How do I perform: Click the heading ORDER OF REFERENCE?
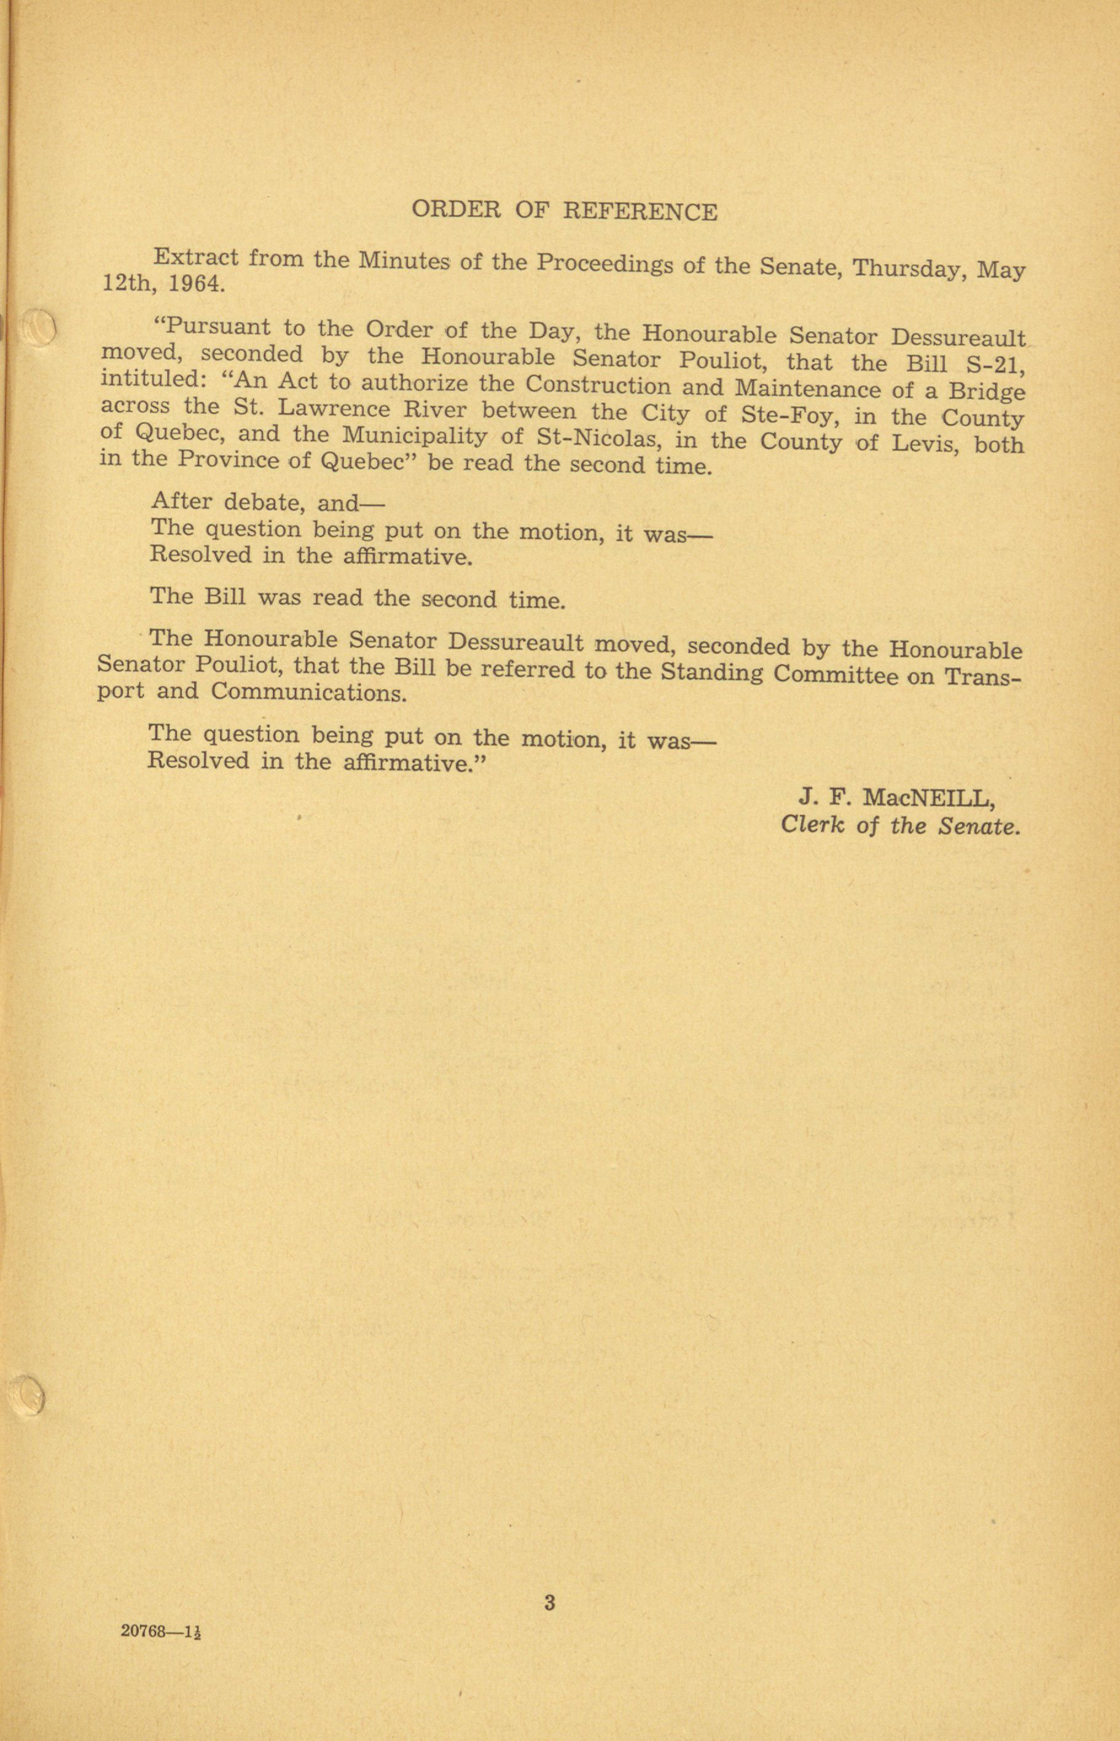click(565, 211)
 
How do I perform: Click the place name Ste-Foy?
click(782, 415)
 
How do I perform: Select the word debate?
click(268, 502)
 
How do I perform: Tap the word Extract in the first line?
click(195, 257)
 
